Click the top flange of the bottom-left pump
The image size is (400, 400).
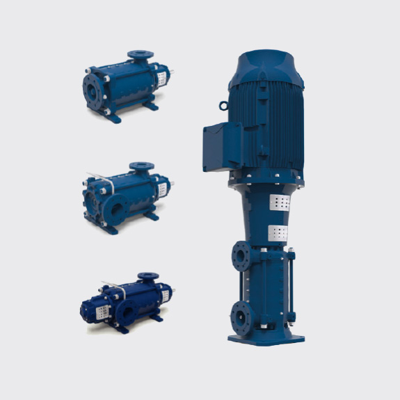[147, 277]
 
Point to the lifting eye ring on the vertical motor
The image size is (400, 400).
[223, 106]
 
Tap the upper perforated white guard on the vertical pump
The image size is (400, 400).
[278, 203]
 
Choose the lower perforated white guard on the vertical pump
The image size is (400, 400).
[278, 232]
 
